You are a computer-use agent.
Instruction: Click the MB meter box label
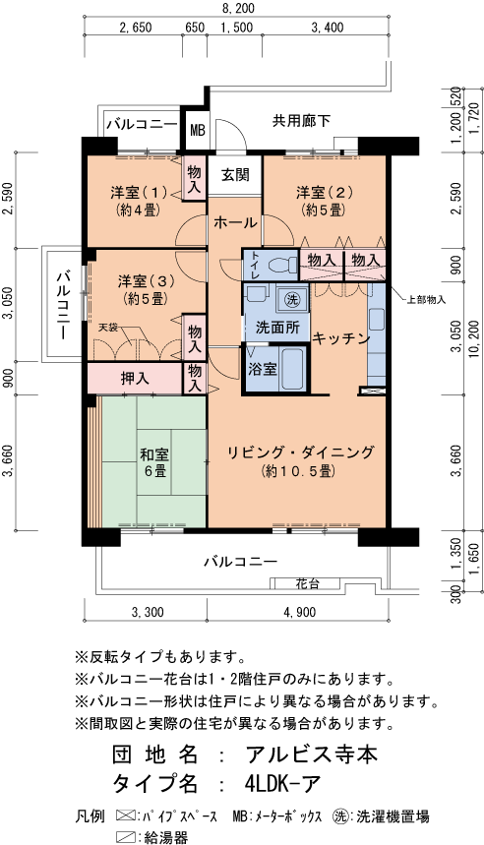point(198,128)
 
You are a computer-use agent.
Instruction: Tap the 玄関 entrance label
point(234,174)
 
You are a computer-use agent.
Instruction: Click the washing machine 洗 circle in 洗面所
point(291,299)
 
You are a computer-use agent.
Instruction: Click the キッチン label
point(340,337)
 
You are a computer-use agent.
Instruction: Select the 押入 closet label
point(135,377)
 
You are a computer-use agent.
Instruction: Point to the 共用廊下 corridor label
point(301,120)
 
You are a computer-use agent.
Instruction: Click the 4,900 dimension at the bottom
point(299,613)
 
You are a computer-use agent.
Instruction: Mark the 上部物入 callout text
point(425,297)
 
